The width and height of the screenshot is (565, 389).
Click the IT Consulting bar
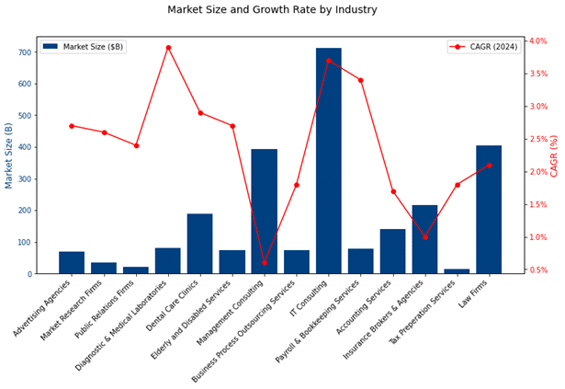click(329, 161)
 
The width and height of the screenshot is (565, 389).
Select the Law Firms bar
click(489, 210)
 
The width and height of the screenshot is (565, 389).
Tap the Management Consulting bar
click(265, 212)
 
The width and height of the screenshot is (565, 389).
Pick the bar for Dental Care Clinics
click(200, 244)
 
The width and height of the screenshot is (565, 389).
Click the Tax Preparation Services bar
click(457, 271)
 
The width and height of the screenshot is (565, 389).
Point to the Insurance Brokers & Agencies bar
click(424, 239)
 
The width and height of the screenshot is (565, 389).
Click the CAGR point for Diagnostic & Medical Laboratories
click(168, 48)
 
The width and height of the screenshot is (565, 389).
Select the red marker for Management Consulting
click(265, 263)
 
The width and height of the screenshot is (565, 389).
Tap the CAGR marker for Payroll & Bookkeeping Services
click(361, 80)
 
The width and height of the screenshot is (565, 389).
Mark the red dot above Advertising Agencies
click(72, 126)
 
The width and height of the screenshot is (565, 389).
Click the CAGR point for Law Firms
click(490, 166)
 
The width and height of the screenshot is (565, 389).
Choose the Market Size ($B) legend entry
click(84, 47)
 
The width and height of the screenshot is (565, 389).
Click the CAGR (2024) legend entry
click(484, 47)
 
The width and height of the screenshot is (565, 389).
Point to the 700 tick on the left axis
click(25, 52)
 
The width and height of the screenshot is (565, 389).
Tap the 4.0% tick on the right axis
click(538, 40)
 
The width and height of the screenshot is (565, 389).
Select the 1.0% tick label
click(538, 237)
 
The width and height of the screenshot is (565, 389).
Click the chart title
click(272, 10)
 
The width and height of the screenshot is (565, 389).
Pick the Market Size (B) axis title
click(8, 155)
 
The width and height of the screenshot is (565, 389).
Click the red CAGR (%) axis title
click(554, 156)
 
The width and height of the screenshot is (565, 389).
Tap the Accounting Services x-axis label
click(364, 307)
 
